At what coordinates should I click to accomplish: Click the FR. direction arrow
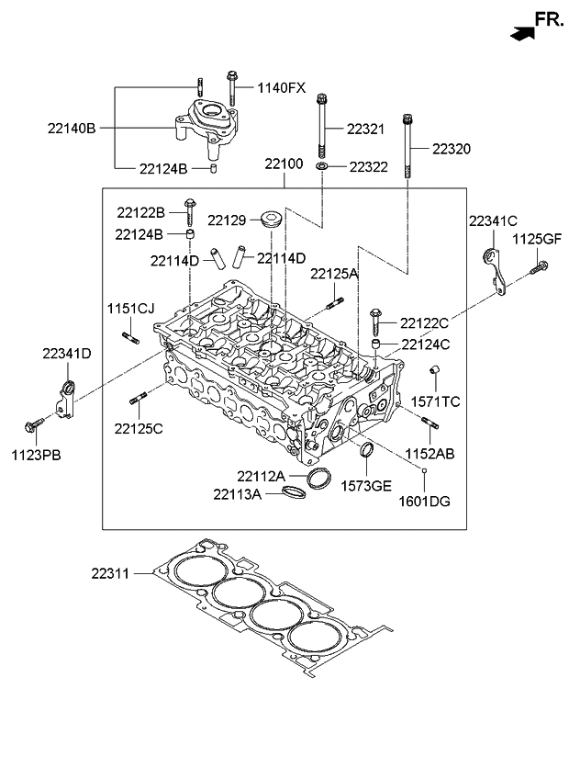click(x=523, y=34)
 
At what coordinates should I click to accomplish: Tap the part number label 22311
click(x=110, y=573)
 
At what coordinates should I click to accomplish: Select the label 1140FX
click(x=282, y=88)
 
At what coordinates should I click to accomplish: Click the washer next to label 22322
click(x=322, y=165)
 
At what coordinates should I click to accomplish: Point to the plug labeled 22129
click(x=272, y=219)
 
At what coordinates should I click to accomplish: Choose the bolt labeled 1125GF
click(x=539, y=267)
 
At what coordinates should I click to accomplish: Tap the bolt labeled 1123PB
click(x=35, y=424)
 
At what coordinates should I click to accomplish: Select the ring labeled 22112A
click(x=318, y=478)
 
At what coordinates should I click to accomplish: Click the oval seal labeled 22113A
click(x=294, y=492)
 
